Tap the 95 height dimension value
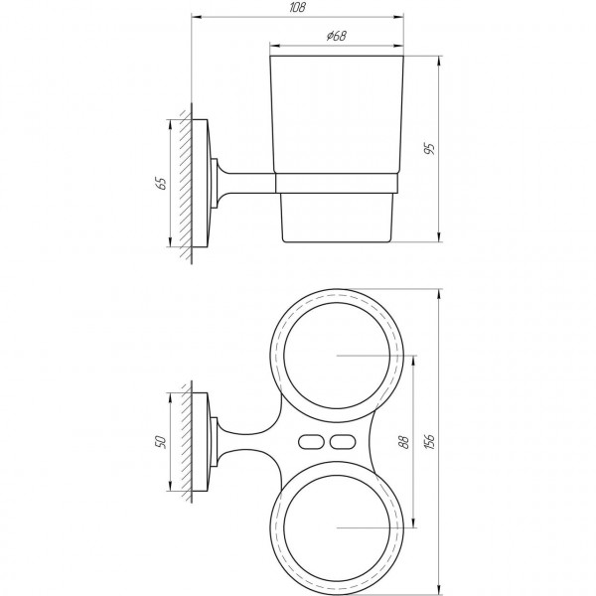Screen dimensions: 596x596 point(429,149)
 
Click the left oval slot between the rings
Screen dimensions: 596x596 point(311,440)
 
